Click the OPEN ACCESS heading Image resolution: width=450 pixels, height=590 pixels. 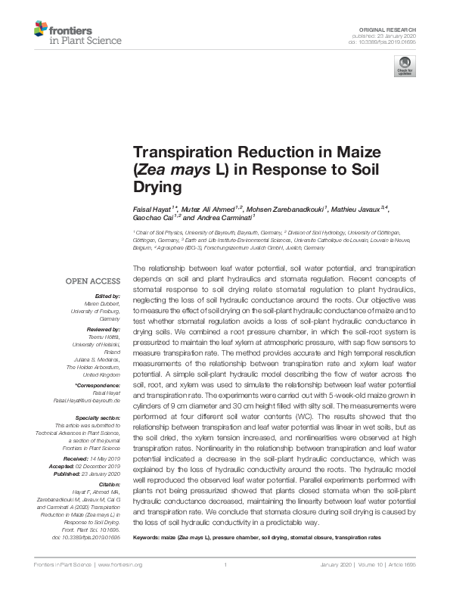[x=91, y=281]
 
